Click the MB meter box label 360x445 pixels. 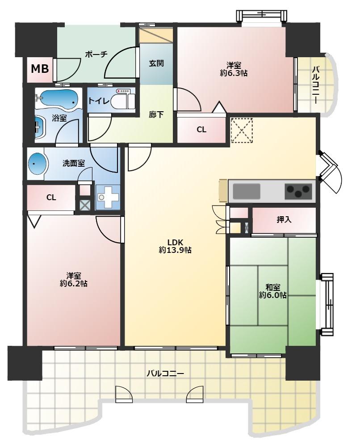pos(40,69)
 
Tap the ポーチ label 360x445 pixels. pos(96,54)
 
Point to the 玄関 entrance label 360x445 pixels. pos(156,63)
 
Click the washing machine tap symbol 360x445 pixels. pos(108,197)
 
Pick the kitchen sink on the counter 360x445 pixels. pos(246,191)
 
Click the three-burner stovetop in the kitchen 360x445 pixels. pos(298,191)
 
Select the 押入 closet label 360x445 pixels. pos(284,219)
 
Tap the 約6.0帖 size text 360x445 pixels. pos(272,295)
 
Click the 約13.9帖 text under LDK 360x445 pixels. pos(175,250)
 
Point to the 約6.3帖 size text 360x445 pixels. pos(234,73)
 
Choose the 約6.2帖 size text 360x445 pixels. pos(74,283)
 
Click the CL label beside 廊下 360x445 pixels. pos(201,130)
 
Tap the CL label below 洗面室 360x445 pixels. pos(51,197)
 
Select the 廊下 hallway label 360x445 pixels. pos(156,114)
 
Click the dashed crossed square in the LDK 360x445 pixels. pos(242,130)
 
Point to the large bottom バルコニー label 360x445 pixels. pos(165,373)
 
